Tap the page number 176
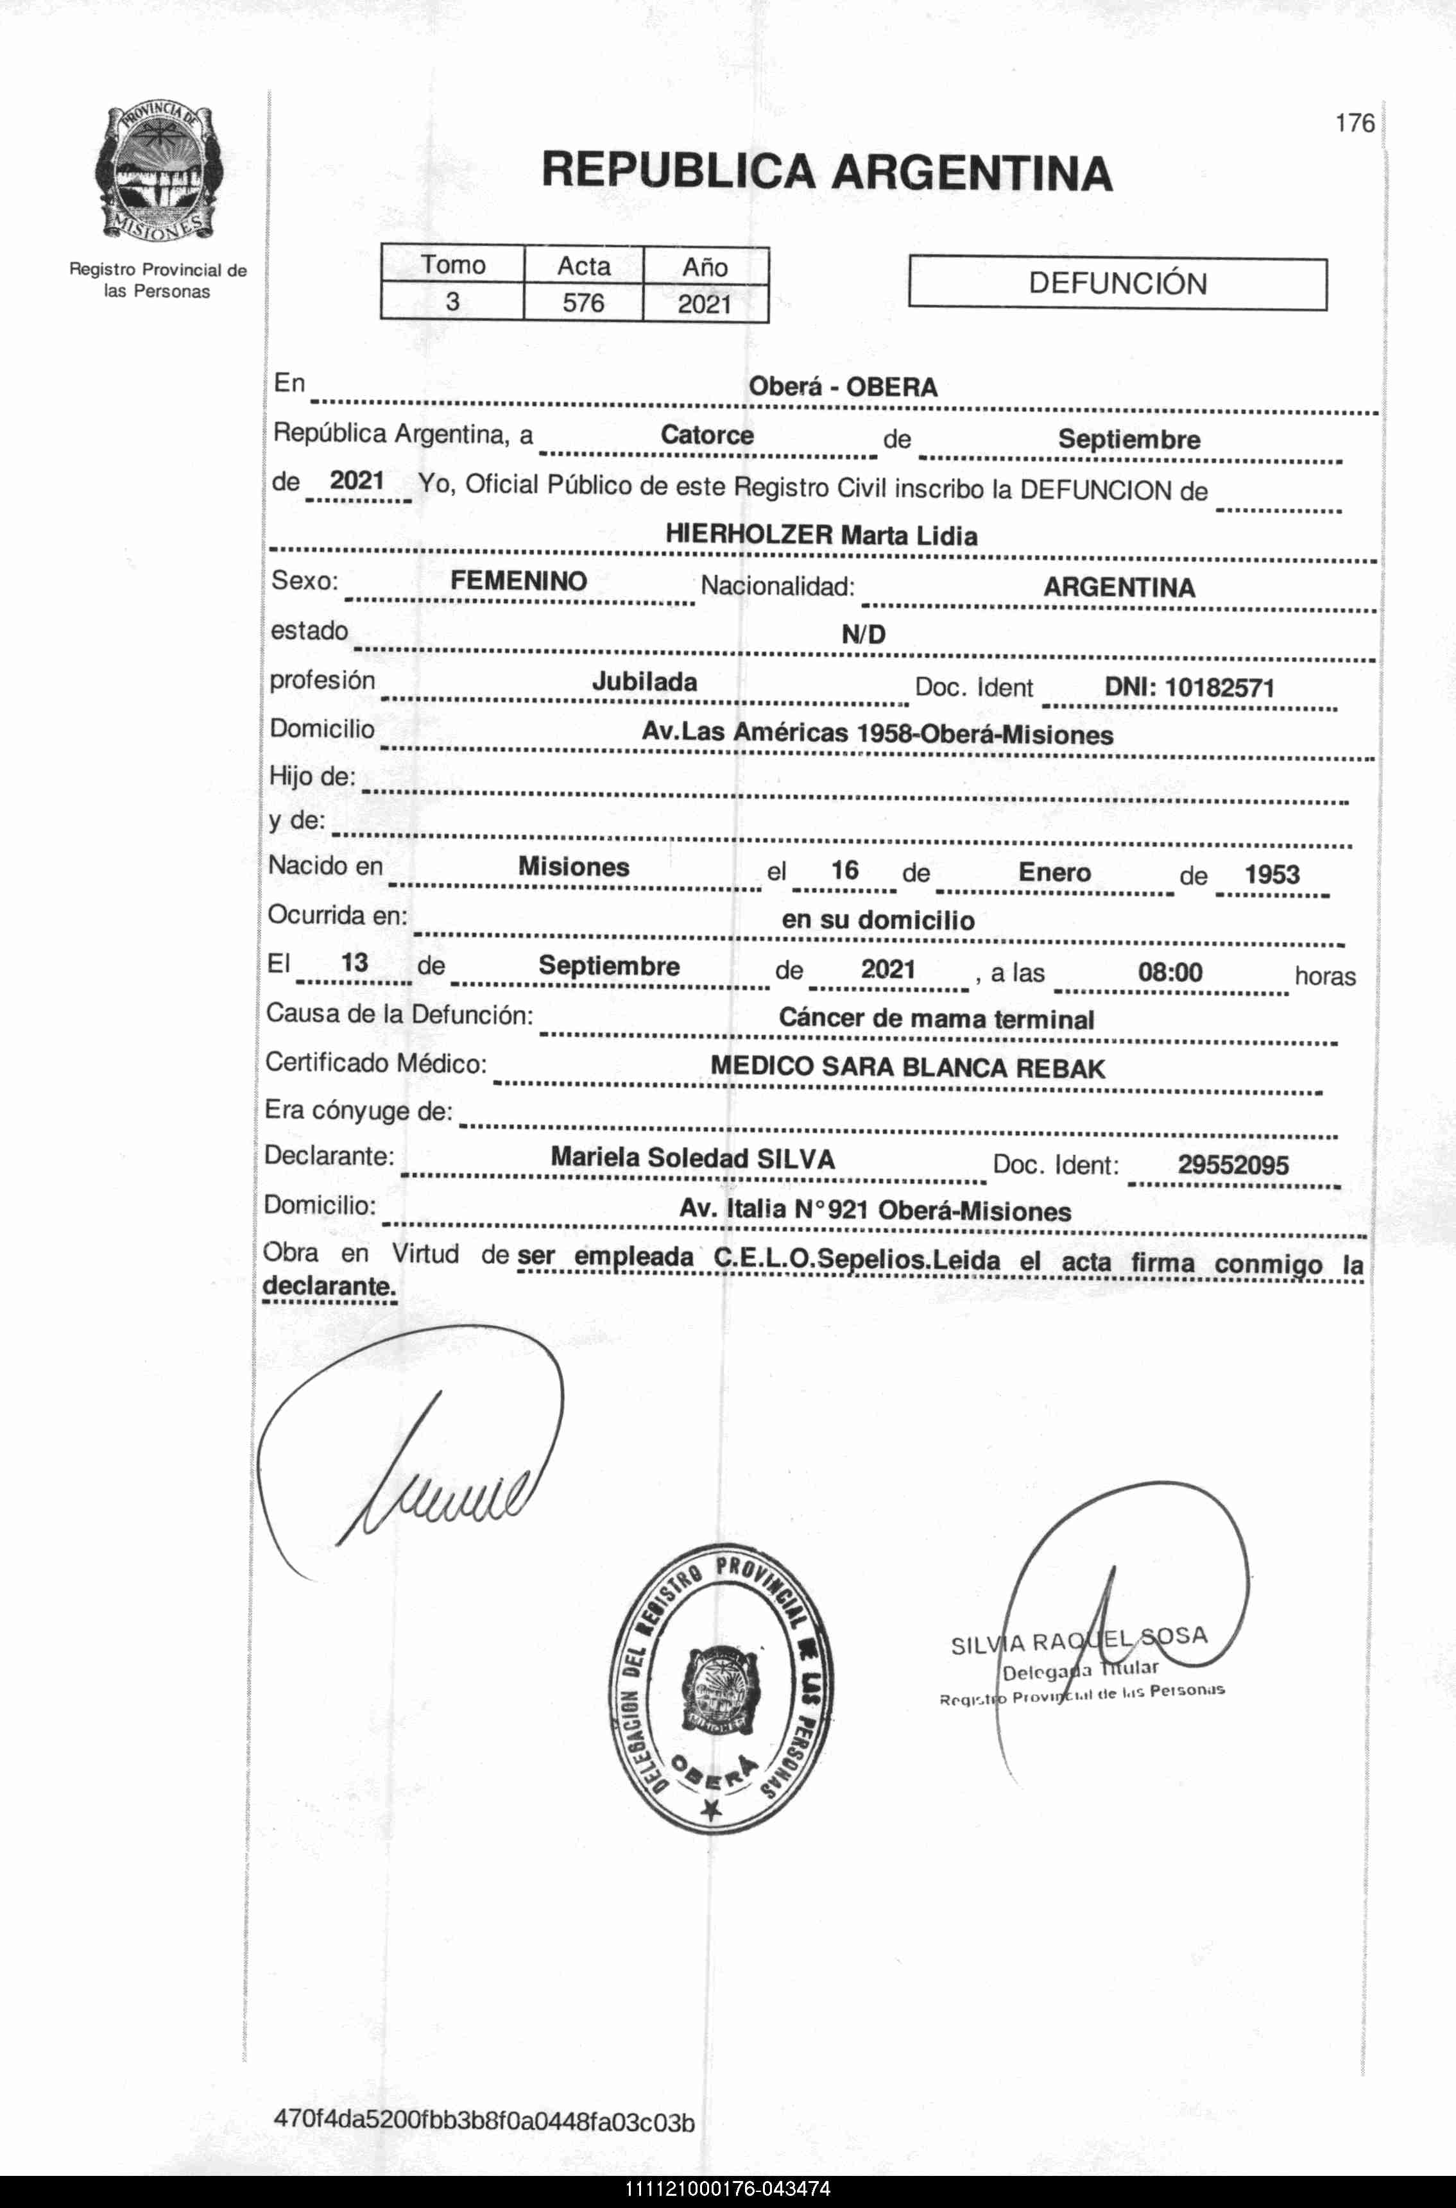click(x=1354, y=123)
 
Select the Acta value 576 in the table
click(x=583, y=303)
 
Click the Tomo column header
click(x=453, y=266)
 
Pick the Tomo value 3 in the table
click(x=453, y=302)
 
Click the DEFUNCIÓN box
click(x=1117, y=283)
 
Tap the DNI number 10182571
click(x=1219, y=688)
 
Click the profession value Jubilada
click(x=644, y=681)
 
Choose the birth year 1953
click(x=1271, y=875)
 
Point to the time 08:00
click(x=1170, y=972)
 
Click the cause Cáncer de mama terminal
click(x=936, y=1018)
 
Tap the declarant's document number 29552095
click(x=1233, y=1165)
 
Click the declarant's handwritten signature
click(x=436, y=1476)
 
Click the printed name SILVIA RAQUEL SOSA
click(x=1079, y=1641)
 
